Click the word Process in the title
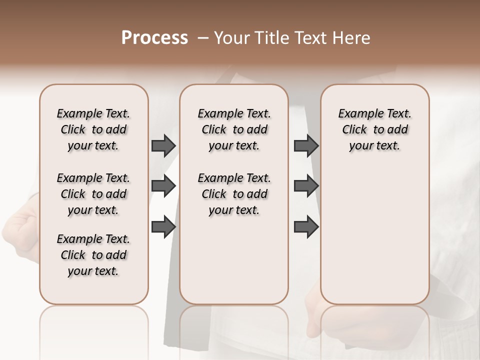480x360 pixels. pos(154,38)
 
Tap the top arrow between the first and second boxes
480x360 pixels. pos(163,145)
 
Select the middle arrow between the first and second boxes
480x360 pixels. pos(163,186)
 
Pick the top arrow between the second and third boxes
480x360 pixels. pos(306,145)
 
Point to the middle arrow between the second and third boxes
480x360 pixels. pos(306,186)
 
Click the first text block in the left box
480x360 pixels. pos(93,129)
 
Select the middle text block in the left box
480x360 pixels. pos(93,194)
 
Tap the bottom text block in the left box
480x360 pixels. pos(93,255)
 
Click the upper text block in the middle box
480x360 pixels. pos(234,129)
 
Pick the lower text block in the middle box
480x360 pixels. pos(234,194)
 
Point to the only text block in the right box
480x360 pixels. pos(374,129)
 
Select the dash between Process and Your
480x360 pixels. pos(202,38)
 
